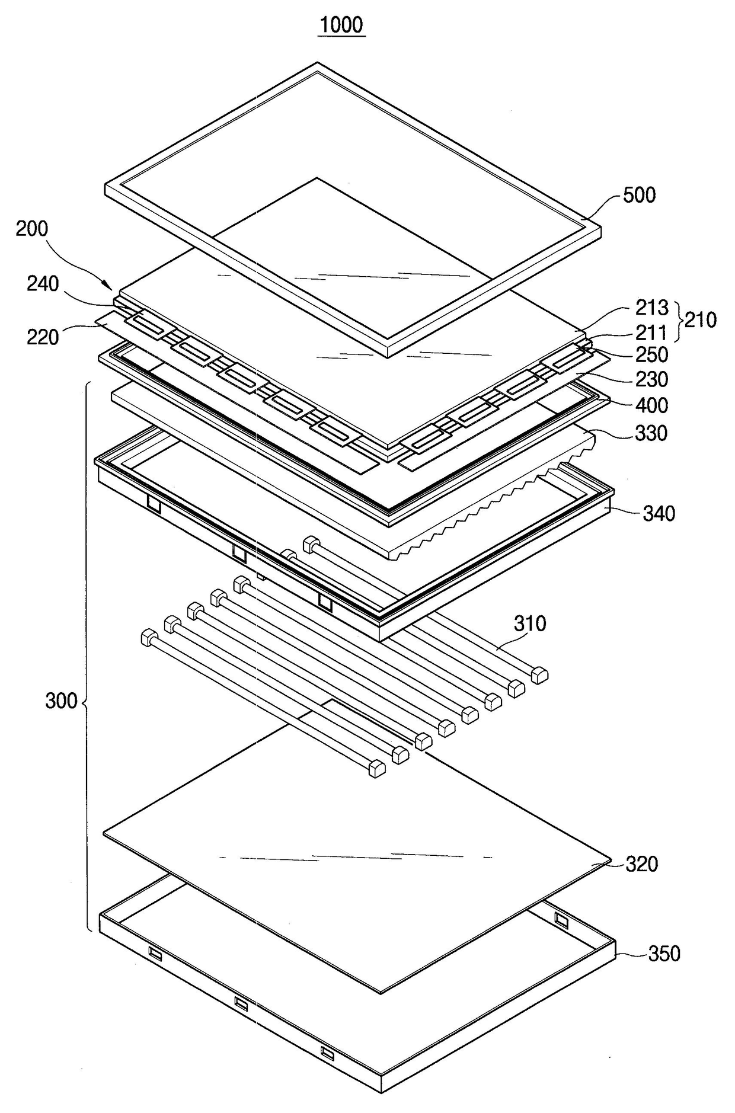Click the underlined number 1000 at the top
pyautogui.click(x=341, y=25)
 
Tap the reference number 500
pyautogui.click(x=639, y=195)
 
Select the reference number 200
pyautogui.click(x=32, y=229)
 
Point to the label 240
pyautogui.click(x=43, y=284)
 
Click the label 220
pyautogui.click(x=43, y=337)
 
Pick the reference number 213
pyautogui.click(x=651, y=308)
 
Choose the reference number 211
pyautogui.click(x=651, y=332)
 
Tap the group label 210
pyautogui.click(x=701, y=320)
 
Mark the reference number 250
pyautogui.click(x=651, y=355)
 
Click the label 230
pyautogui.click(x=651, y=379)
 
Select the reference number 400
pyautogui.click(x=651, y=405)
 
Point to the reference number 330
pyautogui.click(x=651, y=433)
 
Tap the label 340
pyautogui.click(x=659, y=513)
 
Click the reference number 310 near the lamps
pyautogui.click(x=530, y=623)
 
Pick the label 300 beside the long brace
pyautogui.click(x=62, y=701)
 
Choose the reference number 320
pyautogui.click(x=641, y=864)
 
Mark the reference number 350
pyautogui.click(x=664, y=954)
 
